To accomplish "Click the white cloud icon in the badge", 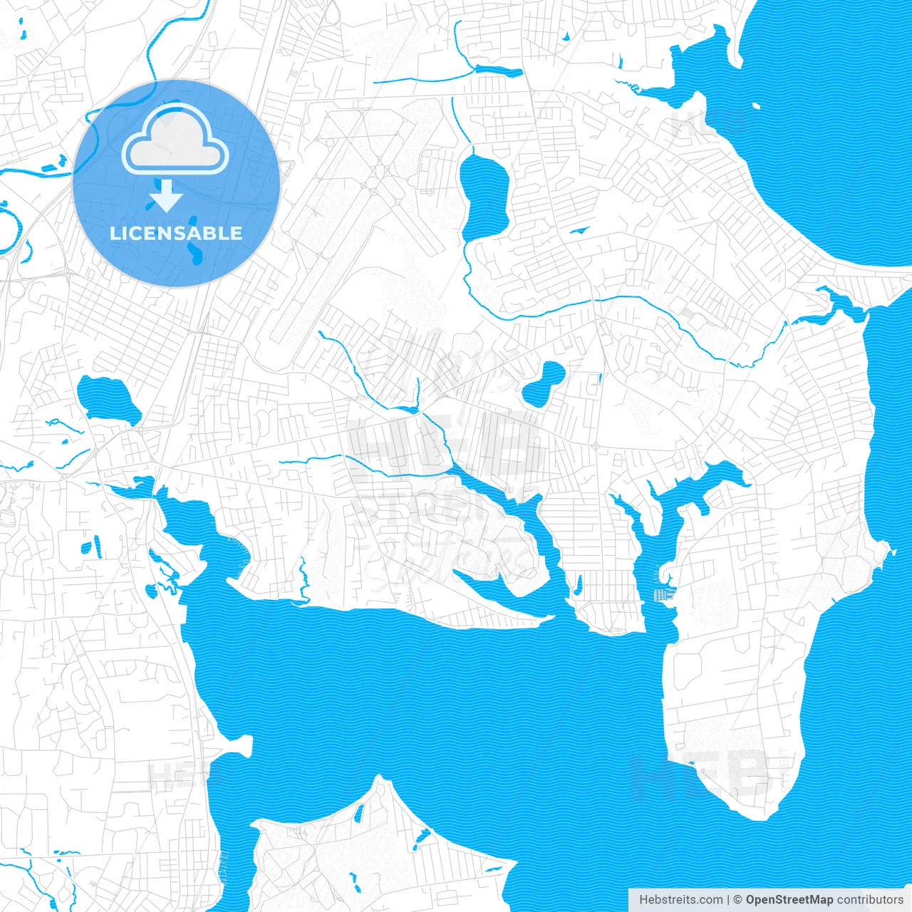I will click(175, 141).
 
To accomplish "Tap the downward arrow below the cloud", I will click(167, 196).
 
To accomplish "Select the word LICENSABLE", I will click(176, 233).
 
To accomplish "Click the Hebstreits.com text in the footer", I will click(680, 900).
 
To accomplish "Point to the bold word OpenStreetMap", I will click(789, 900).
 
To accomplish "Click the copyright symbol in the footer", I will click(737, 900).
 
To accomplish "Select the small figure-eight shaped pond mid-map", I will click(544, 383).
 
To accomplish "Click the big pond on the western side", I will click(108, 400).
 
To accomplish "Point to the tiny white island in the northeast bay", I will click(755, 107).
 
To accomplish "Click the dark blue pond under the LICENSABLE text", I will click(195, 251).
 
